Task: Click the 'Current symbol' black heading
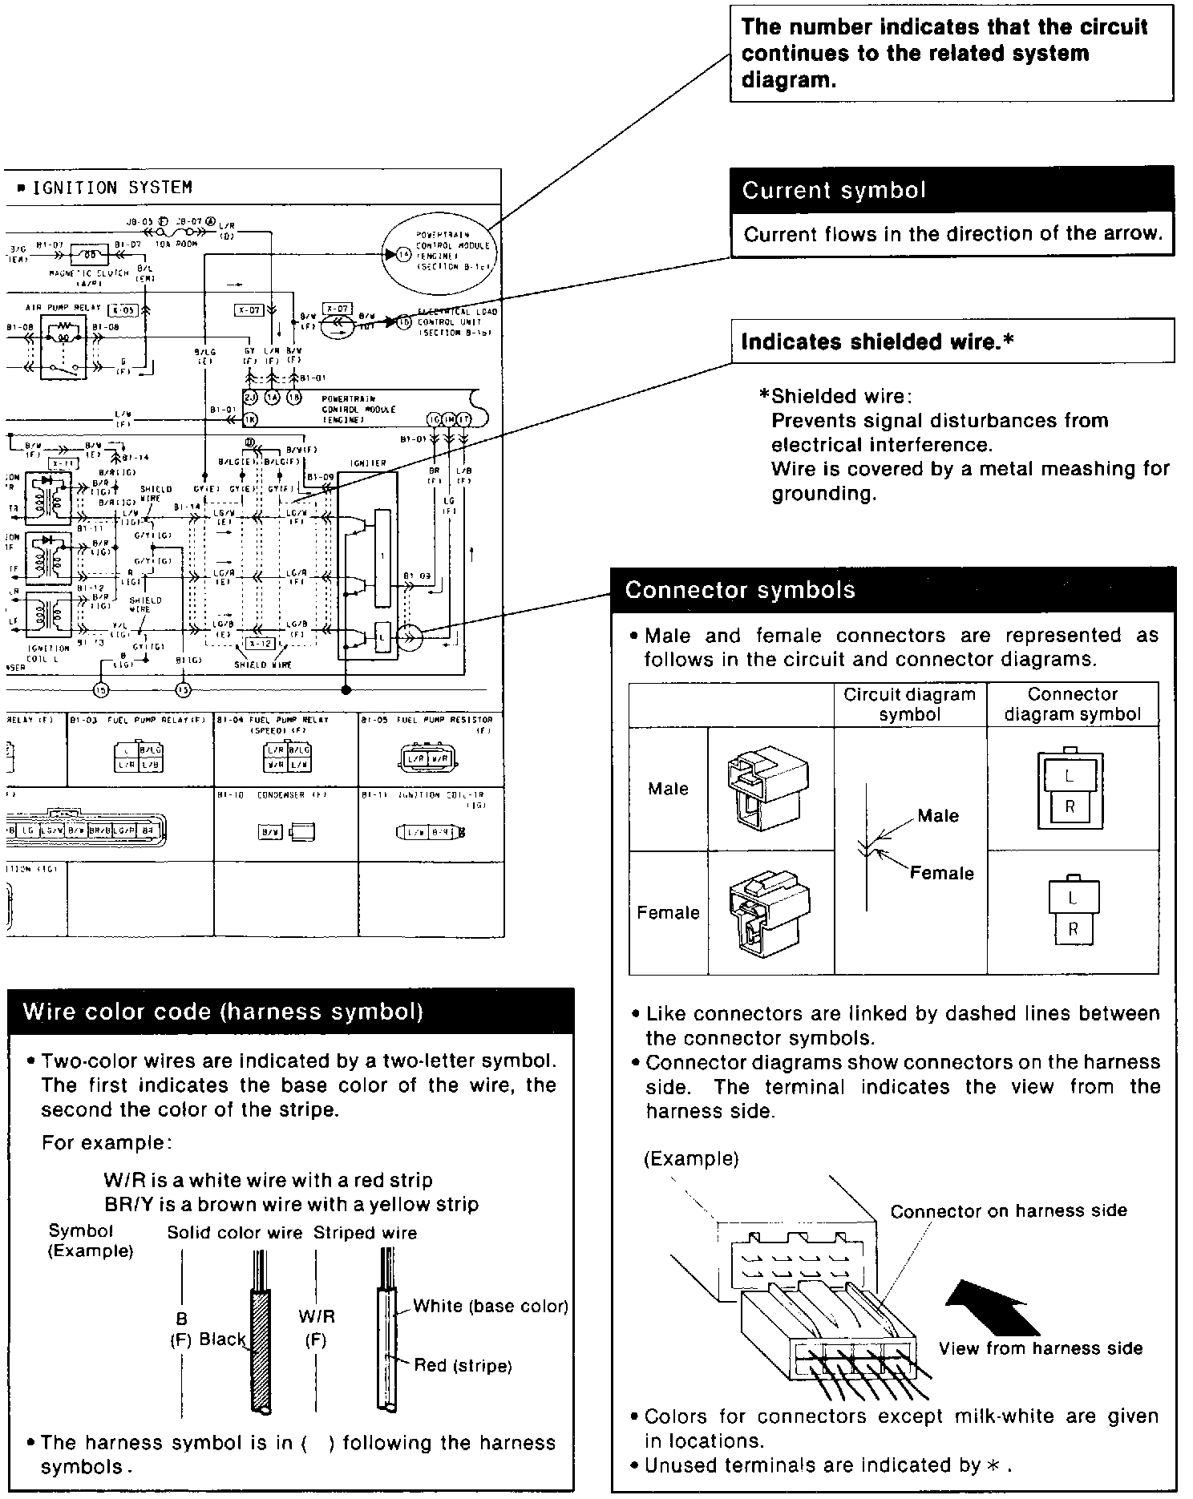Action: tap(834, 191)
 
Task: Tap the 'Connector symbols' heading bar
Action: tap(740, 591)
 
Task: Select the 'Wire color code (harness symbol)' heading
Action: tap(223, 1012)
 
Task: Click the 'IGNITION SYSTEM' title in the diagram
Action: tap(111, 188)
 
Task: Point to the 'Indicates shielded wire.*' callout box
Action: tap(877, 342)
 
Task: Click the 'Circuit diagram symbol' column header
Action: tap(909, 704)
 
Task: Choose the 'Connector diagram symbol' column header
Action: tap(1072, 704)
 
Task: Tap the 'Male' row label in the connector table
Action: tap(668, 789)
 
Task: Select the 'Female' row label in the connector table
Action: tap(668, 912)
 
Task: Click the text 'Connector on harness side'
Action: tap(1008, 1211)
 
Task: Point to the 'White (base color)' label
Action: tap(490, 1306)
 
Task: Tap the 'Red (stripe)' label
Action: tap(463, 1365)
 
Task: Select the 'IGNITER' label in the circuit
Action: tap(368, 463)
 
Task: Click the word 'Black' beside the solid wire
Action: tap(222, 1339)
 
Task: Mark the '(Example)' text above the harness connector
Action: tap(691, 1158)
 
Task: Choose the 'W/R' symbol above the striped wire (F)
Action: tap(316, 1316)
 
